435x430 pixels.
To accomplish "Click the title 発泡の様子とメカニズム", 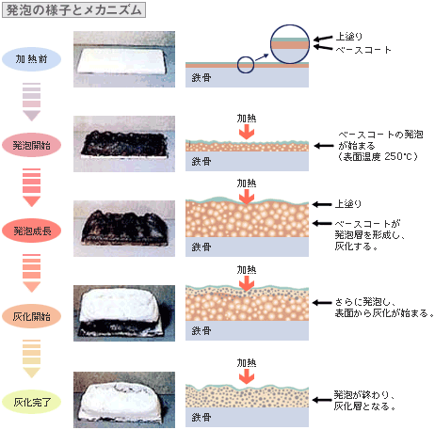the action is (73, 10).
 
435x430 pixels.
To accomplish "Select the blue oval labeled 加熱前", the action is (31, 59).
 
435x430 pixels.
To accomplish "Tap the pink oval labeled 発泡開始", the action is (31, 145).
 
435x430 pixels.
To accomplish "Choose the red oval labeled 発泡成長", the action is (31, 231).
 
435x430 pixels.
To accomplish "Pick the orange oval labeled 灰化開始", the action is (31, 316).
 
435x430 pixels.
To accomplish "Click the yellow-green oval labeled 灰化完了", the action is (31, 402).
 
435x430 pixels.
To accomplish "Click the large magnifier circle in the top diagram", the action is (290, 25).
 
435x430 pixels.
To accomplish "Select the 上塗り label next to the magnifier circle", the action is (349, 37).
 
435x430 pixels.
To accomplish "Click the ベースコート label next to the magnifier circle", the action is (363, 50).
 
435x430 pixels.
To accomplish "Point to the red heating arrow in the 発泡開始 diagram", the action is (247, 132).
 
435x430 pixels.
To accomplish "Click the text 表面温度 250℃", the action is (379, 156).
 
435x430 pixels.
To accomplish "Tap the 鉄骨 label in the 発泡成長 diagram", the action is (201, 247).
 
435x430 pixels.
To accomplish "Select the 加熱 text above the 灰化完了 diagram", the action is (247, 363).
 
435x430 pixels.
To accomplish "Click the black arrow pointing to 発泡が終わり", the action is (322, 400).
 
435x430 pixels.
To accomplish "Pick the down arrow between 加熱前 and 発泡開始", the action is (31, 102).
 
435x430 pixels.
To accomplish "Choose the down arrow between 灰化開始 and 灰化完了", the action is (31, 358).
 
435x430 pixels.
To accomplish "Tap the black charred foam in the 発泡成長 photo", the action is (124, 227).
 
